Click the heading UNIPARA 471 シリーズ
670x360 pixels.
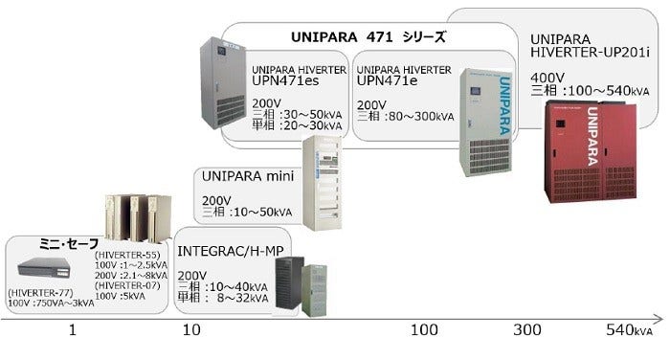click(x=368, y=38)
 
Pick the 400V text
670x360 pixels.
click(x=548, y=78)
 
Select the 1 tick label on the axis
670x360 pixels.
click(x=71, y=330)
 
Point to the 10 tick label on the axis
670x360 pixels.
click(x=192, y=330)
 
